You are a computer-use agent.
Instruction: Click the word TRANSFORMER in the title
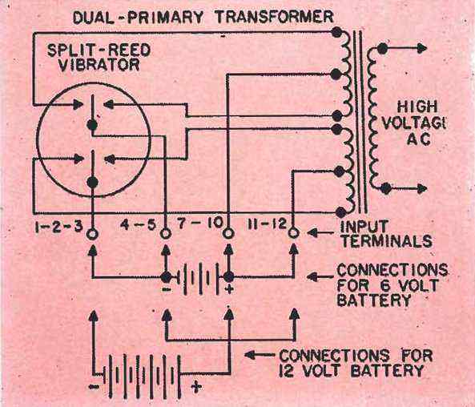[x=274, y=18]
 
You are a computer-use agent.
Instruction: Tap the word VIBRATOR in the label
[x=99, y=65]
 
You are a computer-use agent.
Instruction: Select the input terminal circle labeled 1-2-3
[x=92, y=234]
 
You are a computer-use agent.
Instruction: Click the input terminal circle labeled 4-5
[x=165, y=234]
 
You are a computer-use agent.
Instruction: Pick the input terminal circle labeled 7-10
[x=228, y=233]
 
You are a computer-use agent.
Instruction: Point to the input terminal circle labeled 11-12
[x=293, y=233]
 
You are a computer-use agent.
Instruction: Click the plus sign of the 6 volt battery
[x=229, y=288]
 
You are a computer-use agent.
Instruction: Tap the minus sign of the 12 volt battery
[x=93, y=387]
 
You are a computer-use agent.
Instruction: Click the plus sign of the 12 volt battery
[x=196, y=386]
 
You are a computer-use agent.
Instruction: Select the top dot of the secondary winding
[x=382, y=48]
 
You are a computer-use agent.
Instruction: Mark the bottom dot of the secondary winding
[x=385, y=188]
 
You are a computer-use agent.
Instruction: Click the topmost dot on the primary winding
[x=336, y=32]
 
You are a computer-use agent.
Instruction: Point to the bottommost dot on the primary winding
[x=340, y=212]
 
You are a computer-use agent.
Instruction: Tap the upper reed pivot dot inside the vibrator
[x=92, y=124]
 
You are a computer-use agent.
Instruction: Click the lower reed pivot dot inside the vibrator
[x=92, y=182]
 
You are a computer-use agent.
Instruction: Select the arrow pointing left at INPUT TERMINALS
[x=322, y=233]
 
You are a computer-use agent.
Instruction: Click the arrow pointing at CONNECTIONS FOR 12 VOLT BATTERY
[x=260, y=355]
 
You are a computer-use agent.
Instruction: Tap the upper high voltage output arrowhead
[x=422, y=48]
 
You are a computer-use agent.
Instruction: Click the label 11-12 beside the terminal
[x=267, y=224]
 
